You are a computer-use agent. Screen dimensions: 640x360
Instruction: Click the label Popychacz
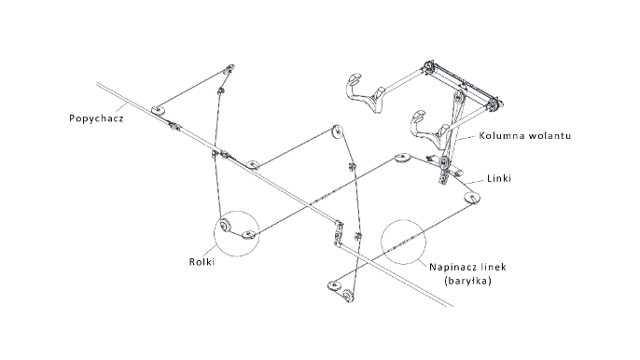96,118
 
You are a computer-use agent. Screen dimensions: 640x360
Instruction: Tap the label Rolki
202,262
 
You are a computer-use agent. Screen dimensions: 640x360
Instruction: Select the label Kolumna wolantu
525,135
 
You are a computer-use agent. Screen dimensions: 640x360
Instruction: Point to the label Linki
499,178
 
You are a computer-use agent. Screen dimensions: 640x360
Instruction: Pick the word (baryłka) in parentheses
467,281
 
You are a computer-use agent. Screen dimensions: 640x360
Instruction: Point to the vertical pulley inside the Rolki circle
224,226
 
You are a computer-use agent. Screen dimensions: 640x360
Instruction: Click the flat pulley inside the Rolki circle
248,234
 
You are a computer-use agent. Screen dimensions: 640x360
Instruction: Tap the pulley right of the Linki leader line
472,198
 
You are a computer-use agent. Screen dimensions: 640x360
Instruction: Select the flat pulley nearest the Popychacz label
158,110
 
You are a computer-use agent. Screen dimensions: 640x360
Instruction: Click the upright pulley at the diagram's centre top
337,131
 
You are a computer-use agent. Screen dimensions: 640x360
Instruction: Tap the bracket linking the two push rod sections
338,234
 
